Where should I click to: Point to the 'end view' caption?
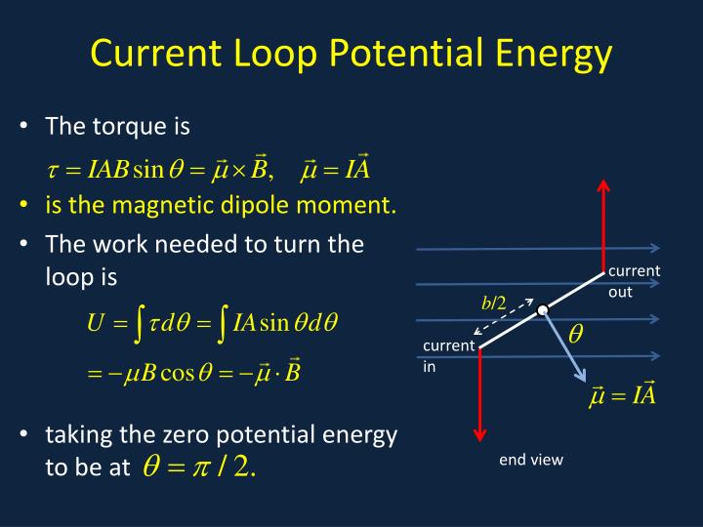pos(531,460)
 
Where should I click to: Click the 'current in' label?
pos(447,356)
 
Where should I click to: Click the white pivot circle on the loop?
pos(542,311)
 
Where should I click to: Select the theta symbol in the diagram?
pos(576,334)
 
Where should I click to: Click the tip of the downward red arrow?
pos(480,436)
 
